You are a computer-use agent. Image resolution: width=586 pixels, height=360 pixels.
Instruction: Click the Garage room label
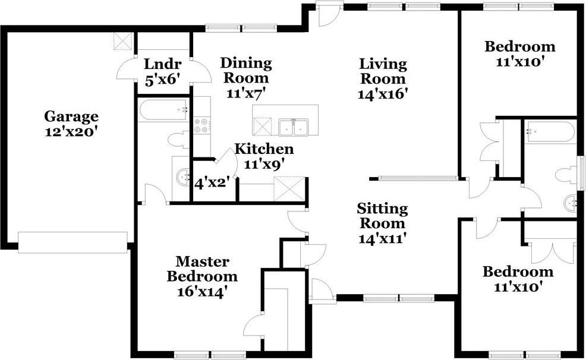point(71,116)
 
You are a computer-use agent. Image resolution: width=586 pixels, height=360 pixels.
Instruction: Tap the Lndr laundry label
point(163,64)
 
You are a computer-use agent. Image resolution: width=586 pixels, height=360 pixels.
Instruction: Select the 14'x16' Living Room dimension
point(382,93)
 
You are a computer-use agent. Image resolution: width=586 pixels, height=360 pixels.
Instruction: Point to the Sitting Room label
point(382,216)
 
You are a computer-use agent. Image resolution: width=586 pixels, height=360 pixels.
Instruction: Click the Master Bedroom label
point(202,269)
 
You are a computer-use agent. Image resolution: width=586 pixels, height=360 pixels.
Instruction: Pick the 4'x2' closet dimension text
point(212,183)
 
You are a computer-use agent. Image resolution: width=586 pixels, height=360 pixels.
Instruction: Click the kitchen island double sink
point(294,127)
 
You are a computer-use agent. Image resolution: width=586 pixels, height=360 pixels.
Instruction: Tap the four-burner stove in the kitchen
point(202,125)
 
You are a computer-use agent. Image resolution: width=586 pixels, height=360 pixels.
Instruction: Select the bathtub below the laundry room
point(163,110)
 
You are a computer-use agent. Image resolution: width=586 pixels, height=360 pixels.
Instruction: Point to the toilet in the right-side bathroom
point(568,175)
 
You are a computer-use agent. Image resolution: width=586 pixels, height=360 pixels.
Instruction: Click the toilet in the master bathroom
point(179,140)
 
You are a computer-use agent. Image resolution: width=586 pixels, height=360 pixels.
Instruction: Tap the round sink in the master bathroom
point(184,177)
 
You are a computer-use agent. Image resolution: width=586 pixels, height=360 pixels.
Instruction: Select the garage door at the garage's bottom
point(73,243)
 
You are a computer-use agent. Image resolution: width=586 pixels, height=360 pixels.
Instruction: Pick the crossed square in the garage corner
point(123,41)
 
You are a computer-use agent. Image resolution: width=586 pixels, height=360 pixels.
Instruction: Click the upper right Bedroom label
point(519,47)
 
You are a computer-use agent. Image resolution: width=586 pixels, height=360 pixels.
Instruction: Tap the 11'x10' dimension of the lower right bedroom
point(518,287)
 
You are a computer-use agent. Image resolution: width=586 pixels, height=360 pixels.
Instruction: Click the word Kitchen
point(264,149)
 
